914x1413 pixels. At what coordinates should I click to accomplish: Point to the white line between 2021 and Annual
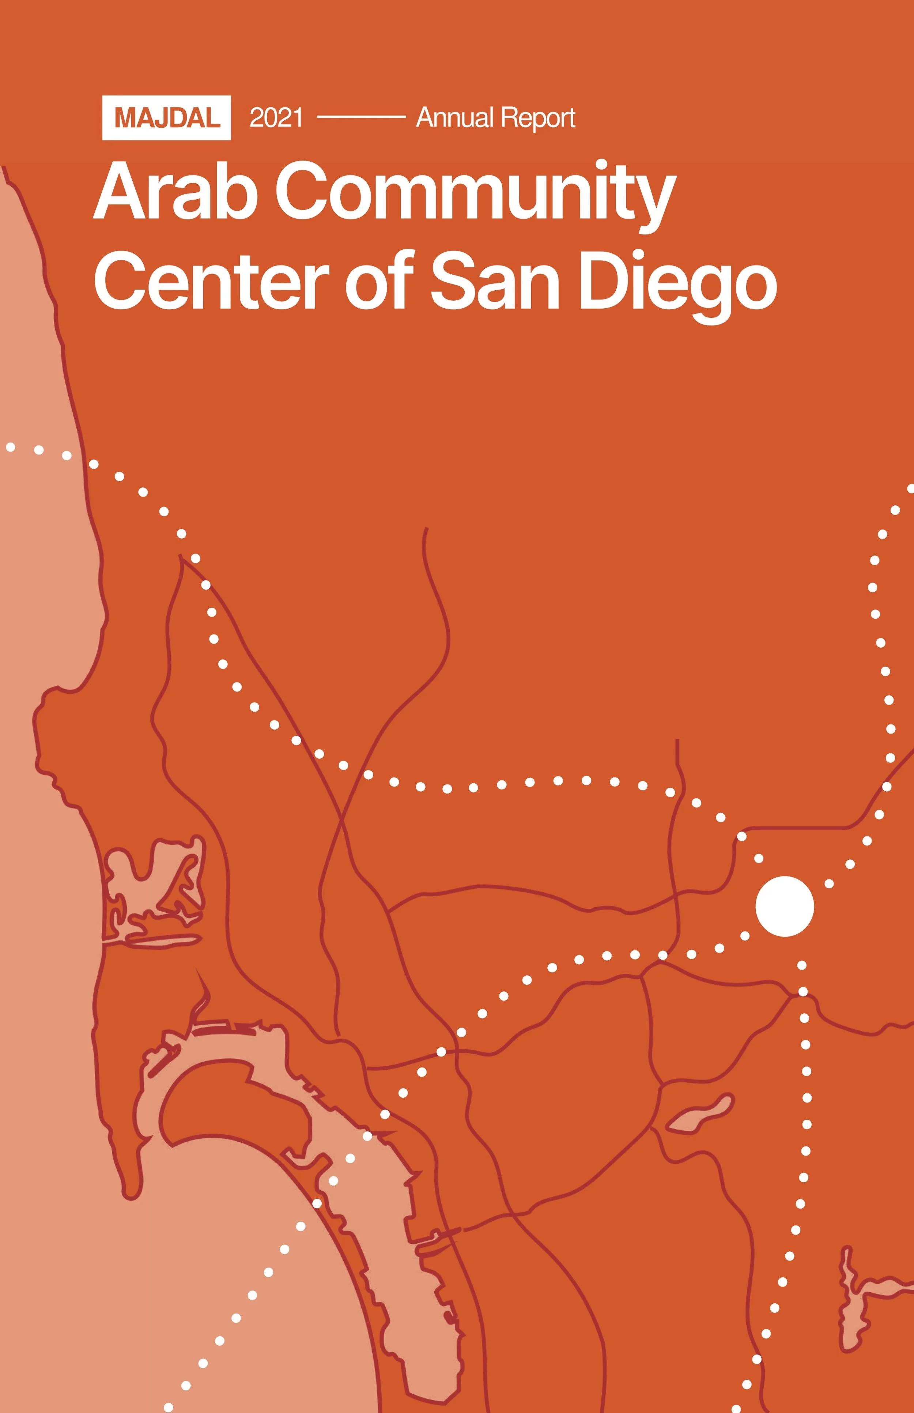tap(361, 117)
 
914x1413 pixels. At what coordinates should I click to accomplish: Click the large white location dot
tap(784, 907)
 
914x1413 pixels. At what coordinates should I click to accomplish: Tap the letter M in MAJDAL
tap(126, 118)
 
